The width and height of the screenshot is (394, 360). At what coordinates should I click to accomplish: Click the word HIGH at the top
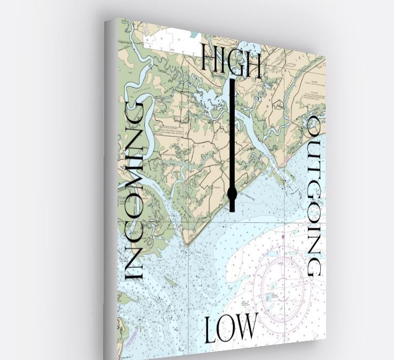coord(231,61)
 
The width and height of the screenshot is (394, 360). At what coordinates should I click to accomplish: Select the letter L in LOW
coord(210,330)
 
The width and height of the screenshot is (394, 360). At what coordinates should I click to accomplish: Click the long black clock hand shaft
coord(232,134)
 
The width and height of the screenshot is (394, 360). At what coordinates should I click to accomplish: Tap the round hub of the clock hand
coord(232,193)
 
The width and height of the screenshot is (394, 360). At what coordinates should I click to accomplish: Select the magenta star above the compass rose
coord(283,236)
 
